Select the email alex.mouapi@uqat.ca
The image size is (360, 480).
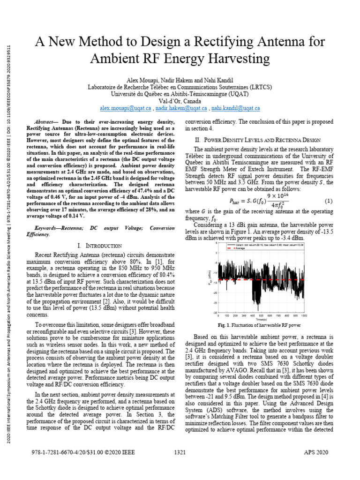126,108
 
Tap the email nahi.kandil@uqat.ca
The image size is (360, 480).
235,108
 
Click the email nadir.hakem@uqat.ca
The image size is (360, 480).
181,108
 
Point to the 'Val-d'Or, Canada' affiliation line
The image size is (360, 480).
180,101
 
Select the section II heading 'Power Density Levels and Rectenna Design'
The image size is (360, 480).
257,140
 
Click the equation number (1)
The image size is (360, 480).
328,201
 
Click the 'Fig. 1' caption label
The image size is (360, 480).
224,325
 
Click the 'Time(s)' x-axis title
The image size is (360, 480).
261,319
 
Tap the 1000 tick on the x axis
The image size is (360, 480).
304,316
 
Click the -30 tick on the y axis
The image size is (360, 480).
215,312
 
